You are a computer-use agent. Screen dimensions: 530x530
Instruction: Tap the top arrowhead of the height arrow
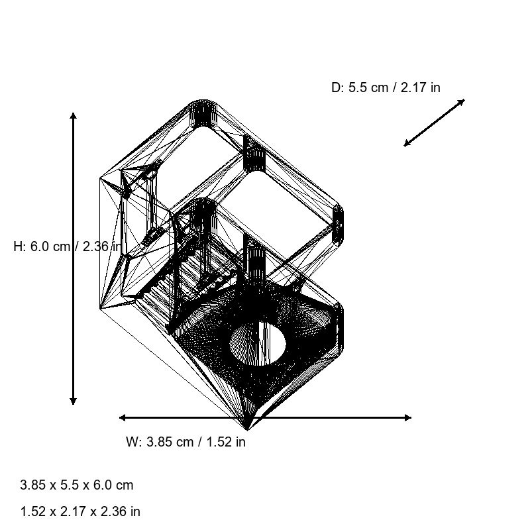click(74, 116)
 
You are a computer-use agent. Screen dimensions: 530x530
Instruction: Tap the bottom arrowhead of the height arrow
click(74, 401)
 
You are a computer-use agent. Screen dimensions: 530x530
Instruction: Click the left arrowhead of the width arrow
click(123, 417)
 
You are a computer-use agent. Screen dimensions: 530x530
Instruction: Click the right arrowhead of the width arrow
click(407, 417)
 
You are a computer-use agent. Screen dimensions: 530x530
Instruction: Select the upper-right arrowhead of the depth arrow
click(462, 101)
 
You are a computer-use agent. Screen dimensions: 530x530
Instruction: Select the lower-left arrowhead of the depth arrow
click(407, 144)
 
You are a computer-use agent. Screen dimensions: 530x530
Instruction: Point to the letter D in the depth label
click(336, 87)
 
